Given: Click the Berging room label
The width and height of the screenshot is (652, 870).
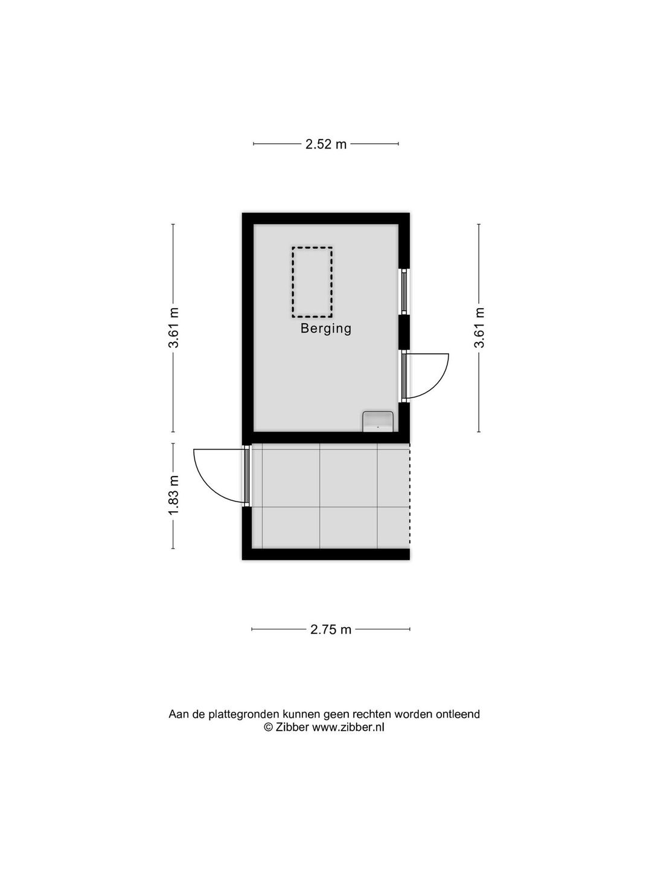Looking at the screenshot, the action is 326,329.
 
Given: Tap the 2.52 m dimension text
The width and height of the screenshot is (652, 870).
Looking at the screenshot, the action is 326,144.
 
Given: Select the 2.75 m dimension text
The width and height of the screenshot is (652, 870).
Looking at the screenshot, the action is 331,630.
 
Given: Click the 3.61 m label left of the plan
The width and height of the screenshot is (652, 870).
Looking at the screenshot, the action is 174,327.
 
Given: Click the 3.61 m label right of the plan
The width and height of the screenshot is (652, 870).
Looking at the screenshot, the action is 479,327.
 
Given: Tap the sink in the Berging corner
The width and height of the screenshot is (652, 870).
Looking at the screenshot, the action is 378,421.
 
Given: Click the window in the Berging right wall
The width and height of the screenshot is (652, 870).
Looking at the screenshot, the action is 404,291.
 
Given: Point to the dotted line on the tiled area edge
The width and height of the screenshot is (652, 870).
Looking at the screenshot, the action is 409,496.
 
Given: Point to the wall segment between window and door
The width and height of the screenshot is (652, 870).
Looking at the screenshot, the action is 404,332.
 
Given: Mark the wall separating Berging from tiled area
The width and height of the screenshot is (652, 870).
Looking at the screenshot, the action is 326,437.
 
